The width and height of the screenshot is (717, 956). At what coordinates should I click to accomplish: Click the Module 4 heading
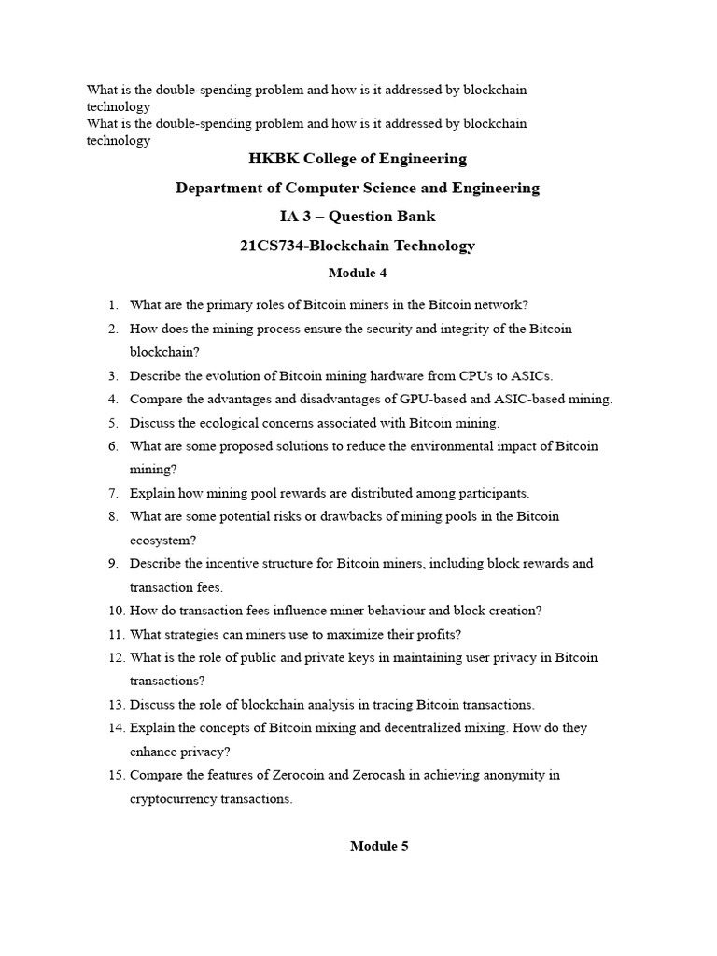click(x=358, y=274)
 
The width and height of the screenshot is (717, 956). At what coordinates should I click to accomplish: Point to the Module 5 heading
click(x=379, y=846)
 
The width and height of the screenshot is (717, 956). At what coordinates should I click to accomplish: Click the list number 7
click(x=112, y=493)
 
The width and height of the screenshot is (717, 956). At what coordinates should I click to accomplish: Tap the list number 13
click(x=114, y=705)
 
